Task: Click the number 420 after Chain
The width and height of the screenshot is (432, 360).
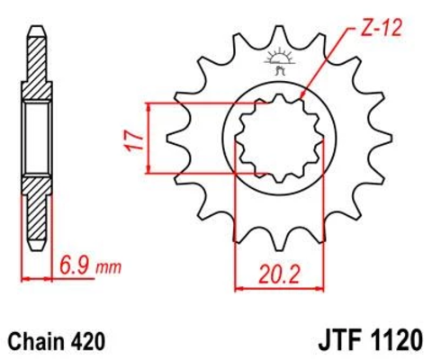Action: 89,342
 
